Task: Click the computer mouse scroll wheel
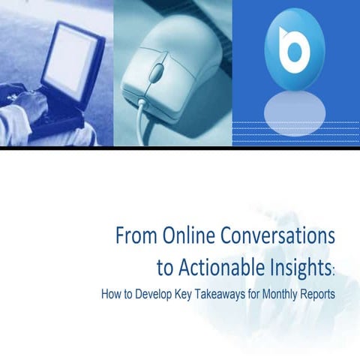157,74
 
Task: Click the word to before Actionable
165,265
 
